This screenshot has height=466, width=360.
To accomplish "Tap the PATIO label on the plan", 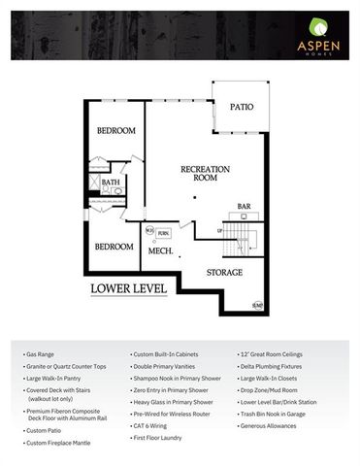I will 241,109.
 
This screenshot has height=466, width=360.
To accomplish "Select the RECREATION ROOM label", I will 205,174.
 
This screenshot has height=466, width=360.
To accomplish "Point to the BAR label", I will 245,206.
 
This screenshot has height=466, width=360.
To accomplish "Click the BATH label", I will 112,182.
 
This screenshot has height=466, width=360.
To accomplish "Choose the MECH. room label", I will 160,251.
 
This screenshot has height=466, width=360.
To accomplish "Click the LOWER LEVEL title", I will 124,288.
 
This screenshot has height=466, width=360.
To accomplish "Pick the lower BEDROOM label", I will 114,247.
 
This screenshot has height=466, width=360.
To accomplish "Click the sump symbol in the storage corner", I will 257,306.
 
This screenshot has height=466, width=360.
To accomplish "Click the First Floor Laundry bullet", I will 160,438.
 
